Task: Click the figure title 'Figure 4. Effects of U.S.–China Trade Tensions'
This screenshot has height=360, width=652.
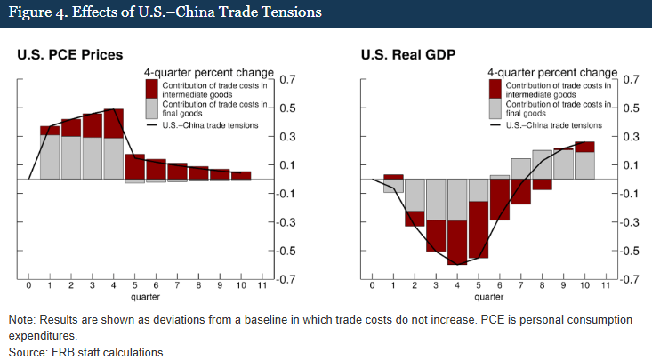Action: tap(165, 13)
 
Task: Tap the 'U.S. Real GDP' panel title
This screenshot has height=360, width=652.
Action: tap(408, 55)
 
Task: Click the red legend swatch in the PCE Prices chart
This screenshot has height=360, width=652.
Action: tap(151, 88)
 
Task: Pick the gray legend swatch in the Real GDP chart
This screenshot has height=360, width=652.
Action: tap(495, 109)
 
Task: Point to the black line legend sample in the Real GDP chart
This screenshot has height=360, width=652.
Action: tap(495, 125)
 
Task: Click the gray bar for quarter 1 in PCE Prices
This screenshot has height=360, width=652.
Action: tap(50, 156)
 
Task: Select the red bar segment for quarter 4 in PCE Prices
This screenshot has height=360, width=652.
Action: tap(113, 124)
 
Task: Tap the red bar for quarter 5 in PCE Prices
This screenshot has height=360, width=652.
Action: tap(134, 165)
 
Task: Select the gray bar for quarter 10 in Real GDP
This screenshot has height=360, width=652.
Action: tap(584, 165)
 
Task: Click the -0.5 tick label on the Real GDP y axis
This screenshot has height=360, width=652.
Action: tap(630, 251)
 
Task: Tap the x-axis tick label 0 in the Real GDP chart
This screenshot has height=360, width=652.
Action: tap(372, 286)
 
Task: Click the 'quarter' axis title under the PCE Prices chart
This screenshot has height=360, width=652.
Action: tap(146, 297)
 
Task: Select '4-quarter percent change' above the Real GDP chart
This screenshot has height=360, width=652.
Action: tap(551, 71)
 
